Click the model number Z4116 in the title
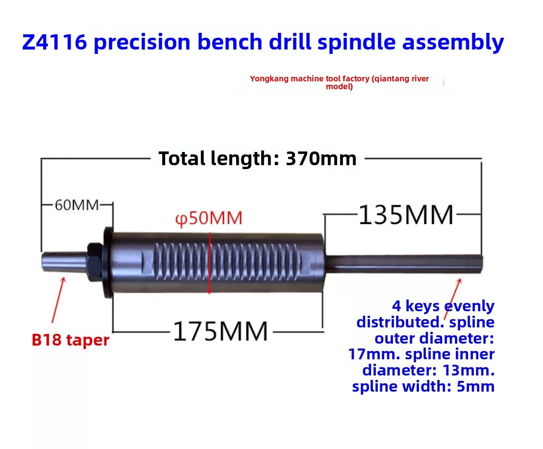(x=54, y=42)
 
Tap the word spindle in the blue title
(x=356, y=42)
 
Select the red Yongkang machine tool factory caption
(x=339, y=82)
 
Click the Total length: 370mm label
(x=257, y=159)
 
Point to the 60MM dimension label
(x=77, y=205)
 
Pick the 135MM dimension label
(x=406, y=215)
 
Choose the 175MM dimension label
(x=221, y=331)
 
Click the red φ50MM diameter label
(x=208, y=218)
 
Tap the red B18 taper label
(x=70, y=340)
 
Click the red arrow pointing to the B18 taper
(x=58, y=300)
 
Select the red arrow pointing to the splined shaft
(x=453, y=299)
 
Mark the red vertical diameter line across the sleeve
(x=210, y=263)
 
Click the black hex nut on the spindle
(x=95, y=262)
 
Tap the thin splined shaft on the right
(x=404, y=264)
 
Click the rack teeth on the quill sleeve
(x=225, y=262)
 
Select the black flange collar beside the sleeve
(x=108, y=262)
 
